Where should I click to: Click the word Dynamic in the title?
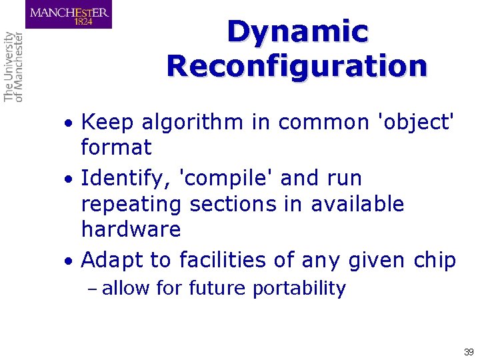coord(297,32)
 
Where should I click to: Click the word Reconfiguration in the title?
coord(297,66)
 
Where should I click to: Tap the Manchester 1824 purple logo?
coord(69,15)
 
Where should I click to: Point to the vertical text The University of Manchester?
coord(13,67)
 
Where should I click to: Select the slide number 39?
coord(468,351)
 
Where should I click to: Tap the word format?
coord(116,147)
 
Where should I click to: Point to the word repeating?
coord(131,204)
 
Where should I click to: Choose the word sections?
coord(233,204)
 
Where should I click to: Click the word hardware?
coord(131,229)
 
